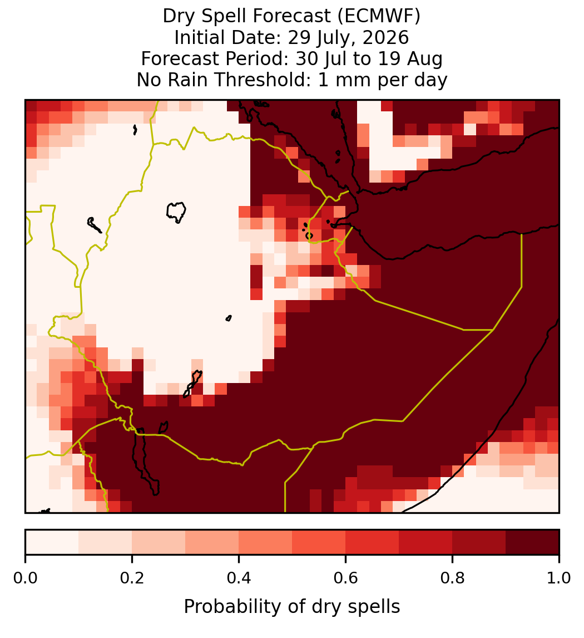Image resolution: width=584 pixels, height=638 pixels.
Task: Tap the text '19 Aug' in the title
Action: coord(410,59)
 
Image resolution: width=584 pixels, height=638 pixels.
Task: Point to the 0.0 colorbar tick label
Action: coord(25,578)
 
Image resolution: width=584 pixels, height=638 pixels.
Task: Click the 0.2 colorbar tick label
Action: coord(132,578)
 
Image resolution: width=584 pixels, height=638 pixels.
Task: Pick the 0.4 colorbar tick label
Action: coord(239,578)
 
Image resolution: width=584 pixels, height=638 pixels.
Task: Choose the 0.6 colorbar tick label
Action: coord(345,578)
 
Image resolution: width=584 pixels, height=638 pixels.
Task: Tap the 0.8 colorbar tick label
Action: coord(452,578)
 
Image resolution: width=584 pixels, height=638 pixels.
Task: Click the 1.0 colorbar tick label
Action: coord(559,578)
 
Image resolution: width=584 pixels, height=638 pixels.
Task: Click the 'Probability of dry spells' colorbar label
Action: coord(292,607)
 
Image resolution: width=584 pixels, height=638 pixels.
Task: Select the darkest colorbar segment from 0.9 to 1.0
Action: coord(532,542)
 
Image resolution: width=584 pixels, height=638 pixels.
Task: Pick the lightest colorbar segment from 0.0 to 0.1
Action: coord(52,542)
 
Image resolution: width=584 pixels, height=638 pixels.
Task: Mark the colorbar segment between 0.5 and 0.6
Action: coord(319,542)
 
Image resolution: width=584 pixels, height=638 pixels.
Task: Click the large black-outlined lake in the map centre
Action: coord(176,212)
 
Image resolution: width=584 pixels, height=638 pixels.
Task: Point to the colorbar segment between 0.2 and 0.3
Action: coord(159,542)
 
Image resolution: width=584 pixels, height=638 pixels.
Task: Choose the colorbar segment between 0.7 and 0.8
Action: coord(425,542)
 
